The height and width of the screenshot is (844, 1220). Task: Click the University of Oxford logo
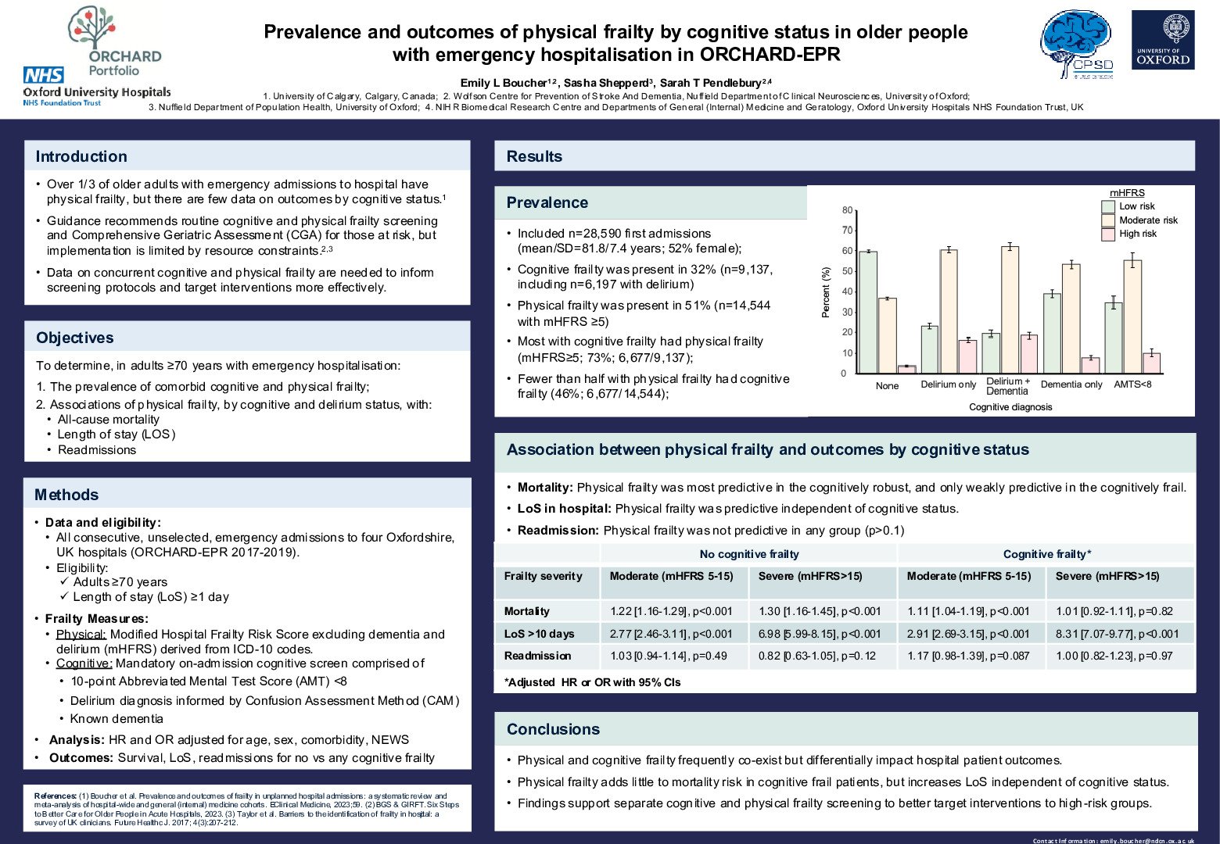(x=1163, y=40)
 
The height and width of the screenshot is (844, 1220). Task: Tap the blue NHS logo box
(x=44, y=76)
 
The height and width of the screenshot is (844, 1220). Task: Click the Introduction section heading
(x=81, y=156)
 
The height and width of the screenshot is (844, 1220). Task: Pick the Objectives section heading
(x=75, y=338)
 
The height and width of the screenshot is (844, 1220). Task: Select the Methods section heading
(x=66, y=495)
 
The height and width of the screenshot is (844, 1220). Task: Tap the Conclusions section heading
(x=553, y=729)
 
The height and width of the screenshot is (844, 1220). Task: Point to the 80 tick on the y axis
(x=847, y=210)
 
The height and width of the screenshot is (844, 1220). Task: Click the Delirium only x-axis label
(x=948, y=384)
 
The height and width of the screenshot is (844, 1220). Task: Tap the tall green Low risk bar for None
(x=867, y=312)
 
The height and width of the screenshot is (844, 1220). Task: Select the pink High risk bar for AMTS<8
(x=1151, y=363)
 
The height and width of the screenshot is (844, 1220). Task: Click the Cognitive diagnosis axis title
(x=1010, y=407)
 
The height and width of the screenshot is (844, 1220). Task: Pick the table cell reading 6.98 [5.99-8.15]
(x=819, y=634)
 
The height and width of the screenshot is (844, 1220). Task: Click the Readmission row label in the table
(x=537, y=656)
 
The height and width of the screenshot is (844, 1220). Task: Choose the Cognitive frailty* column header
(x=1046, y=554)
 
